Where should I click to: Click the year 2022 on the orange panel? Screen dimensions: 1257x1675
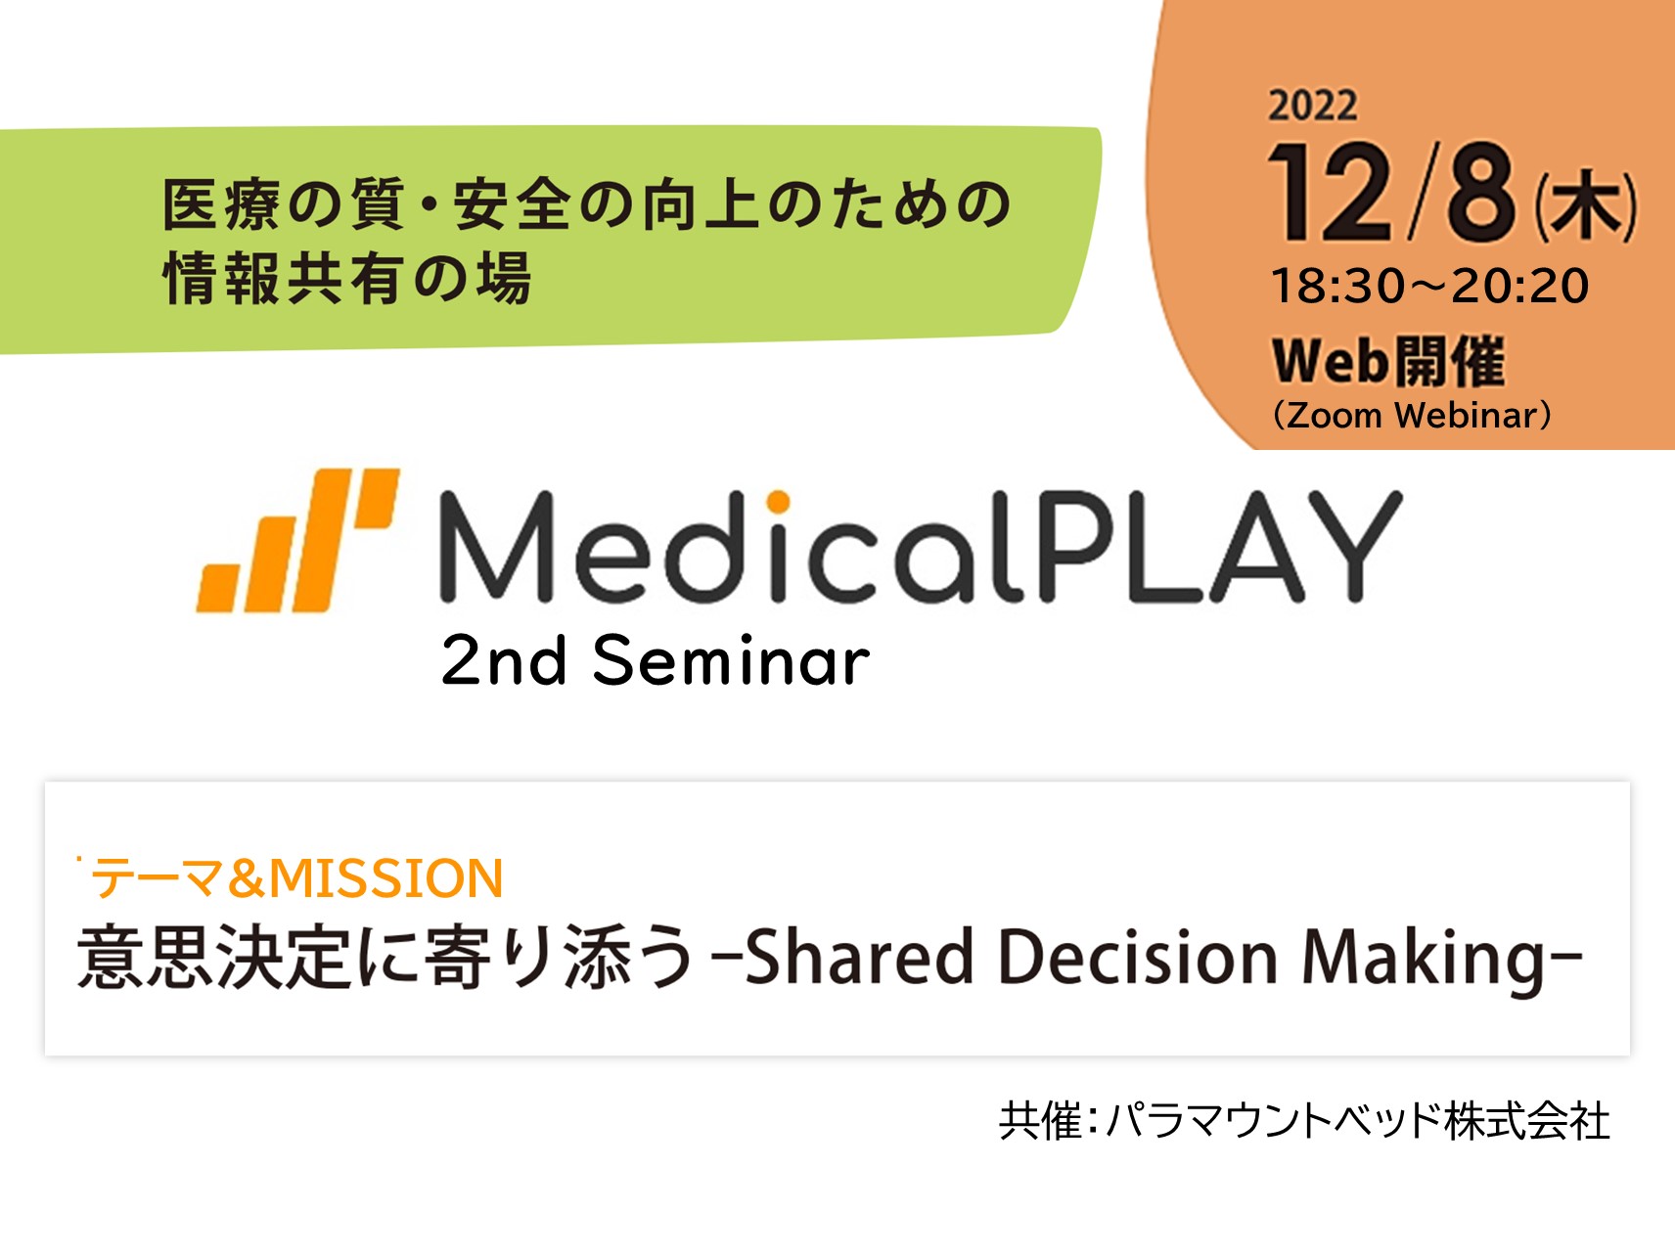pyautogui.click(x=1312, y=106)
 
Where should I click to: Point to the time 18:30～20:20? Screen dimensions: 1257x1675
pyautogui.click(x=1429, y=286)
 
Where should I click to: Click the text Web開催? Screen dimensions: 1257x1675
pyautogui.click(x=1387, y=361)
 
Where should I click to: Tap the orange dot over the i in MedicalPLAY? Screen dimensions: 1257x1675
pyautogui.click(x=778, y=502)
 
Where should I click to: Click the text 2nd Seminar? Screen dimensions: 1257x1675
pyautogui.click(x=655, y=660)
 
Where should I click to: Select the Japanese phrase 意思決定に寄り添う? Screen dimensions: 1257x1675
pyautogui.click(x=385, y=956)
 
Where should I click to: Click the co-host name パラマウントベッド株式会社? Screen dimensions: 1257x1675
pyautogui.click(x=1358, y=1120)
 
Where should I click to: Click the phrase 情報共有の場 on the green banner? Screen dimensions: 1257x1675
pyautogui.click(x=347, y=278)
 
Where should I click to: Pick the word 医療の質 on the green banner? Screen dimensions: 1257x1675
pyautogui.click(x=283, y=204)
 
